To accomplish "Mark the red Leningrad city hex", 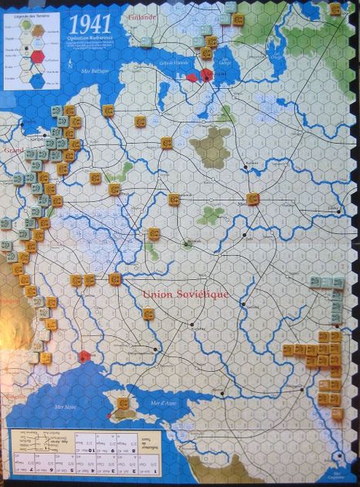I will coord(206,75).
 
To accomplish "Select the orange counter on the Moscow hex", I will coord(253,199).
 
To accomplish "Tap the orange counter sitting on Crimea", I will coord(124,404).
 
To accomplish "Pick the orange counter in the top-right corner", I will coord(335,10).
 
